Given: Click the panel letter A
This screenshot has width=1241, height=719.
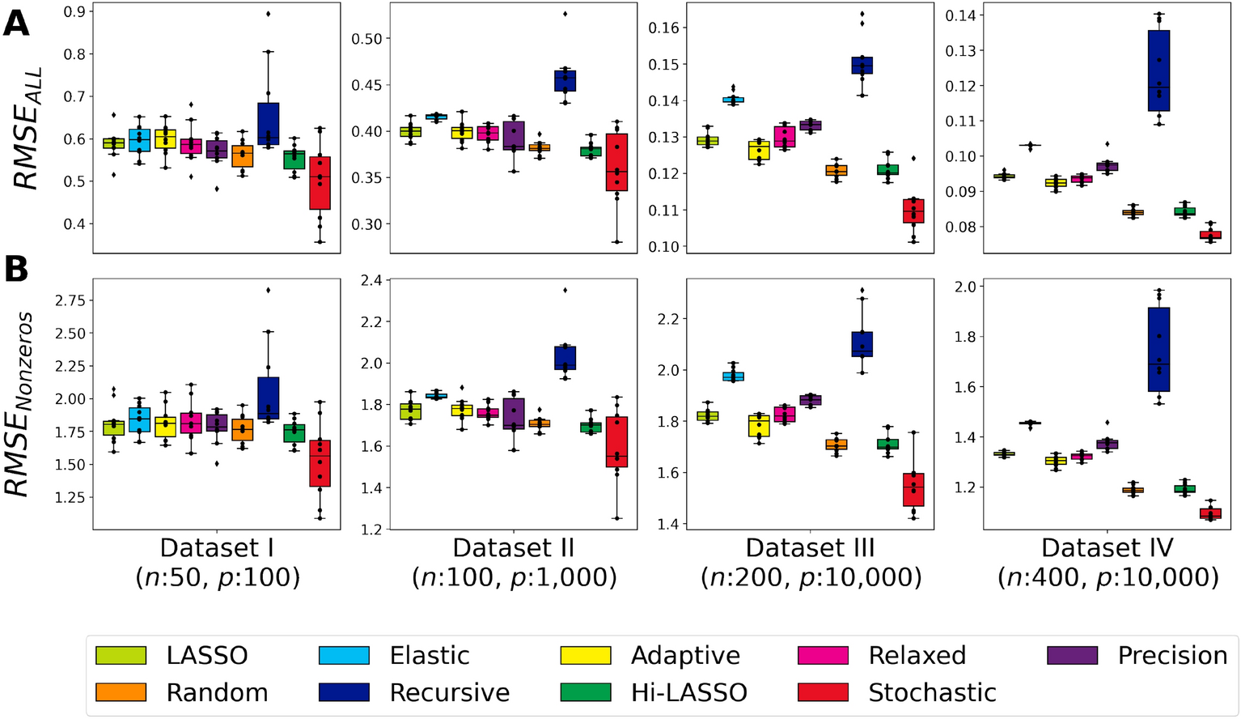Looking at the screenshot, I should pos(16,23).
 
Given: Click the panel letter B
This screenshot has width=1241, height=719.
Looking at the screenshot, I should pos(16,270).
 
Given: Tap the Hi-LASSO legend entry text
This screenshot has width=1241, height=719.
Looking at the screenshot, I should pos(689,692).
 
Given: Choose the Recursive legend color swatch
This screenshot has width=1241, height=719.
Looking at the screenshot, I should pos(344,692).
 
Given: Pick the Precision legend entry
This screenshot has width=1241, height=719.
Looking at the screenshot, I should pos(1172,655).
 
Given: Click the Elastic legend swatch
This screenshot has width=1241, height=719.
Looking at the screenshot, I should pos(344,655).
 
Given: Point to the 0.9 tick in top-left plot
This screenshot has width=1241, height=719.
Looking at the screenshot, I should pos(74,11).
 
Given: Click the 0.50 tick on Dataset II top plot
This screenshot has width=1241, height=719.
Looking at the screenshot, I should pos(365,39).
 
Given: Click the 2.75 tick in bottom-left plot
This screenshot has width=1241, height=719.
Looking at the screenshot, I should pos(70,300).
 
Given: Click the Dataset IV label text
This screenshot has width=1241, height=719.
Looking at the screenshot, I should pos(1107,548).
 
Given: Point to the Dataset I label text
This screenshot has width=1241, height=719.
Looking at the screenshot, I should pos(217,548).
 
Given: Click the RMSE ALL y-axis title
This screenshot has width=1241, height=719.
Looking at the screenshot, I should pos(28,130).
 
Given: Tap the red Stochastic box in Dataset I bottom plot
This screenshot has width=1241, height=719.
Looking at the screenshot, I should pos(320,463).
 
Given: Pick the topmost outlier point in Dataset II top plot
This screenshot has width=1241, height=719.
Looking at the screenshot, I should pos(565,14).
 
